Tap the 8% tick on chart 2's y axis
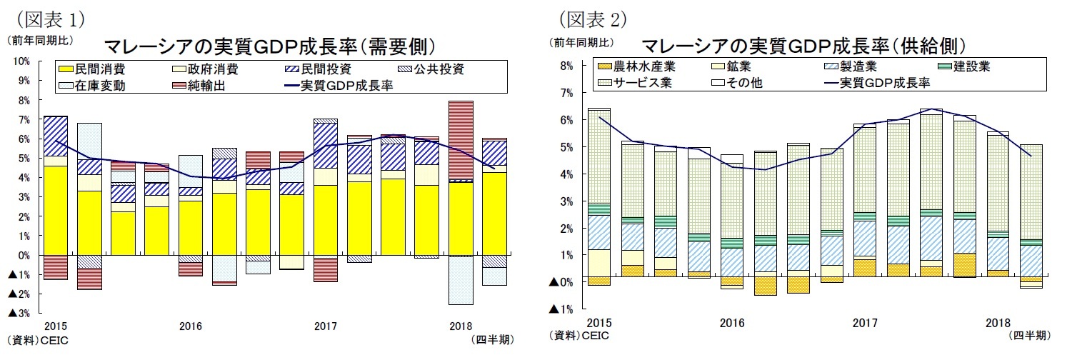[566, 66]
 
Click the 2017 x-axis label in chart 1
[326, 326]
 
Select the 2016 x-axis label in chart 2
[732, 323]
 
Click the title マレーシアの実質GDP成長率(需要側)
[270, 47]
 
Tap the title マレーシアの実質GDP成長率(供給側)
[804, 47]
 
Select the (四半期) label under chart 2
[1028, 334]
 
